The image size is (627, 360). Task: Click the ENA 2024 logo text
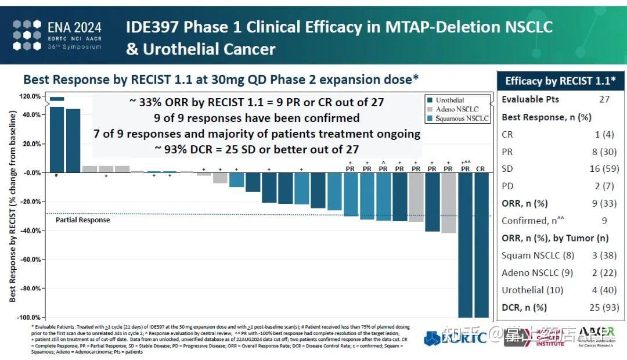click(x=74, y=27)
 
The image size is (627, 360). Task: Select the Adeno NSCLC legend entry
click(x=457, y=109)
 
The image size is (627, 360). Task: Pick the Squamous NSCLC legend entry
click(x=462, y=118)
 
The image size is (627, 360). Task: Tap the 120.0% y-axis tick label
click(x=30, y=96)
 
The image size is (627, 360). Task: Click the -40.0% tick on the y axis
click(x=30, y=231)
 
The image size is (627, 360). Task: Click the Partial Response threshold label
click(x=82, y=220)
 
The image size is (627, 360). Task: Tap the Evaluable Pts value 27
click(x=604, y=99)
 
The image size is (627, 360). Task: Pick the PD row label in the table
click(x=507, y=186)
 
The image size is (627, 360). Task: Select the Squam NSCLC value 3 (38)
click(x=599, y=255)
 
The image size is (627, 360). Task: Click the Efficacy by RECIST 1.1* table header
click(x=561, y=81)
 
